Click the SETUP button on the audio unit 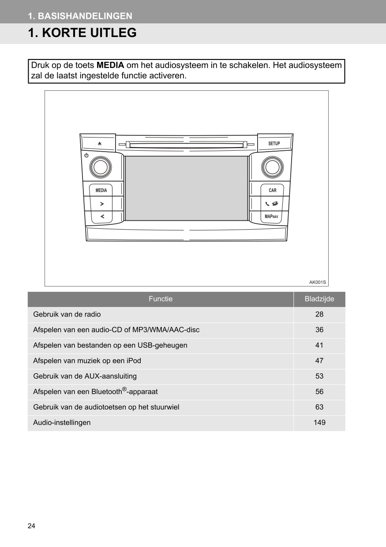click(x=274, y=144)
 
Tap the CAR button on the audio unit click(x=273, y=190)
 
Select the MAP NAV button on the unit click(x=271, y=216)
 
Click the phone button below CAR click(x=271, y=204)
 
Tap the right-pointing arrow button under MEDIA click(x=101, y=204)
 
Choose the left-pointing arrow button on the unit click(x=101, y=216)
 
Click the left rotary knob click(x=101, y=167)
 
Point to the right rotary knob click(x=272, y=167)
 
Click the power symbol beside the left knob click(x=86, y=156)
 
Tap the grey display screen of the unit click(x=187, y=188)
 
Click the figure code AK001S click(x=317, y=282)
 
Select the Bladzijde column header click(x=319, y=299)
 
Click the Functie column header click(x=161, y=299)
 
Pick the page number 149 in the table click(x=319, y=422)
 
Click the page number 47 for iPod click(x=319, y=361)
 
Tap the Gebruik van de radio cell click(x=67, y=314)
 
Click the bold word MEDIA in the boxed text click(x=110, y=65)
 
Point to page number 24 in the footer click(x=31, y=526)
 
